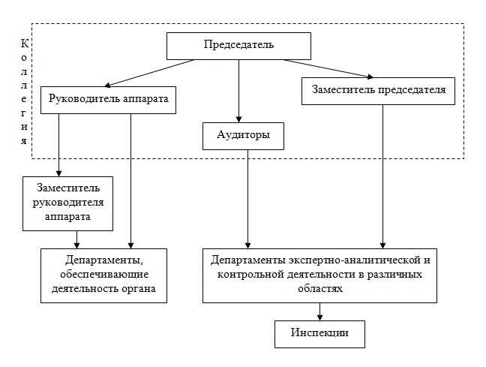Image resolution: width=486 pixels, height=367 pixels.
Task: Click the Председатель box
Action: coord(238,44)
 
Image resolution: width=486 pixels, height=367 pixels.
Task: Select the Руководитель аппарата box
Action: coord(107,98)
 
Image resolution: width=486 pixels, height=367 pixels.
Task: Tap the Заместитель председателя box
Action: coord(378,89)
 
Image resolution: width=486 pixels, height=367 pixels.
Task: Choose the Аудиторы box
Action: coord(238,136)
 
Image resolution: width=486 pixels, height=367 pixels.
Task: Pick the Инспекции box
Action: coord(319,332)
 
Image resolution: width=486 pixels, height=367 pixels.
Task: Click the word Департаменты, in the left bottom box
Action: coord(103,260)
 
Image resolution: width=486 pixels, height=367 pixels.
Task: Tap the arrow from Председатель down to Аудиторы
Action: coord(238,90)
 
